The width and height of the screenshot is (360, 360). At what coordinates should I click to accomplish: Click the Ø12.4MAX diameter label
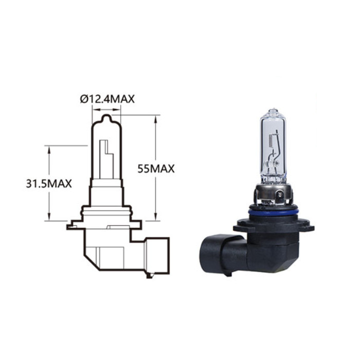pos(107,99)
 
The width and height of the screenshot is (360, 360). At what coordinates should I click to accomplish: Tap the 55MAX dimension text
pos(156,169)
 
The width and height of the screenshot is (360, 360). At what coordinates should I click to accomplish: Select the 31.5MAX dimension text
pos(49,184)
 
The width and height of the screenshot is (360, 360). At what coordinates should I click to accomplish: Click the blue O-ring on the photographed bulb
pos(272,212)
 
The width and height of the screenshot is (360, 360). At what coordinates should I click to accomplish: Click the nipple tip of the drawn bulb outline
pos(106,118)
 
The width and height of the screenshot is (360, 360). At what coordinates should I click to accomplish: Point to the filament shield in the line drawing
pos(106,159)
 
